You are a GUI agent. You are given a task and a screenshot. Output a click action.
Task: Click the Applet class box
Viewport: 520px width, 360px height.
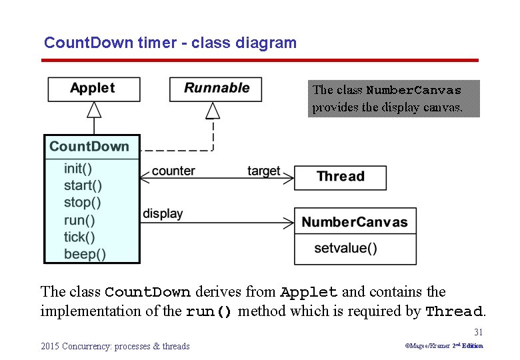coord(93,89)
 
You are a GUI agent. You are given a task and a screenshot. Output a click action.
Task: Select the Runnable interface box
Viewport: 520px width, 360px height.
coord(215,89)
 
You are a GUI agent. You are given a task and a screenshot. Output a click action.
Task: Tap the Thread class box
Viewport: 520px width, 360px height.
coord(340,177)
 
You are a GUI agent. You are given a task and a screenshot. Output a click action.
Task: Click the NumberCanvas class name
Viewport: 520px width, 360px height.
coord(355,222)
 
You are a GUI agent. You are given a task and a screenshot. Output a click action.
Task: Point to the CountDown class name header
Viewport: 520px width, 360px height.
coord(89,147)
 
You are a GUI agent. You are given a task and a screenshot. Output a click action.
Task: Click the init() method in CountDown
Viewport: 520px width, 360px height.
coord(78,168)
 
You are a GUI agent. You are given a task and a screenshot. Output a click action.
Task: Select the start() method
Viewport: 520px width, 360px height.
coord(83,185)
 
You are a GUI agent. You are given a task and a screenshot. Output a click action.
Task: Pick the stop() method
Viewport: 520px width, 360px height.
coord(83,203)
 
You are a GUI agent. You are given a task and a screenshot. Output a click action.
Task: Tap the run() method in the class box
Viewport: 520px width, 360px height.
coord(79,220)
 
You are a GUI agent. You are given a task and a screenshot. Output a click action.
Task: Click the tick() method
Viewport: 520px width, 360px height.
coord(79,237)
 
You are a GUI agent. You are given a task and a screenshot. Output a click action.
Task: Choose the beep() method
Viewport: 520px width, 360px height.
coord(85,254)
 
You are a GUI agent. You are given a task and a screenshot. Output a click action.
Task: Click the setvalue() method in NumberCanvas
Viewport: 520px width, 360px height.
coord(345,249)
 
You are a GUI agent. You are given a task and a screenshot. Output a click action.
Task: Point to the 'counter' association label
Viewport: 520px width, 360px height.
coord(173,171)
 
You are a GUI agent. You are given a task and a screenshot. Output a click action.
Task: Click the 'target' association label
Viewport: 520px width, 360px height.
coord(264,171)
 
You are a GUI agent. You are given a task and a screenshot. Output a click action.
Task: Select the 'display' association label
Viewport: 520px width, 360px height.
coord(163,214)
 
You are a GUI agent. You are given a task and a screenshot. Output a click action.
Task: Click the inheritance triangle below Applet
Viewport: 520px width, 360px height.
coord(94,109)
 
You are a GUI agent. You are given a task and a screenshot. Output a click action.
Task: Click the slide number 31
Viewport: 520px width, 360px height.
coord(478,332)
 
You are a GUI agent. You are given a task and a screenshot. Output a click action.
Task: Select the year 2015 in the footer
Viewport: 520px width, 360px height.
coord(50,346)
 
